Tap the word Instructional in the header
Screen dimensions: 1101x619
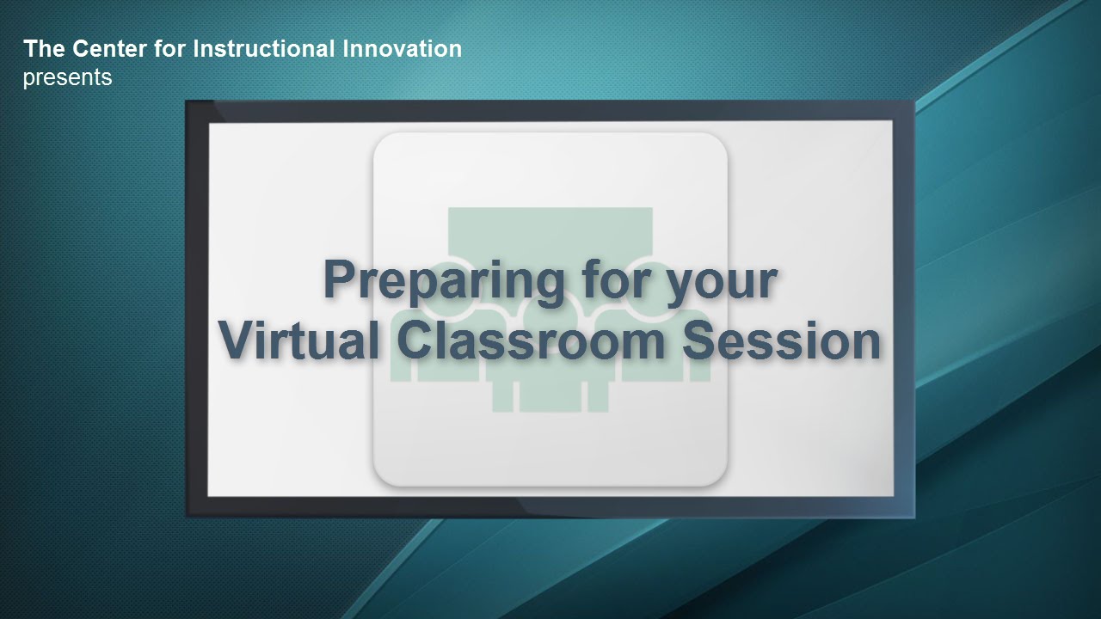coord(264,49)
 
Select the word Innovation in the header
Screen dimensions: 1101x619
coord(402,49)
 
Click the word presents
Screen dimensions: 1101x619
coord(67,78)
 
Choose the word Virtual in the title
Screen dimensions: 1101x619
coord(298,340)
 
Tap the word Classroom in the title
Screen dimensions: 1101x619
coord(531,340)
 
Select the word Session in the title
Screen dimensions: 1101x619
coord(782,340)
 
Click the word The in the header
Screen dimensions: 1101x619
coord(44,49)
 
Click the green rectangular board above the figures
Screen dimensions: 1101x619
coord(550,231)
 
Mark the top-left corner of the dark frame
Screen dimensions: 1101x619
coord(186,101)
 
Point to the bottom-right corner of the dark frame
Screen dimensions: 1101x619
coord(914,518)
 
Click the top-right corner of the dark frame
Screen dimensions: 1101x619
coord(914,101)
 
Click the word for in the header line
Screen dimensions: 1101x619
coord(169,49)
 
